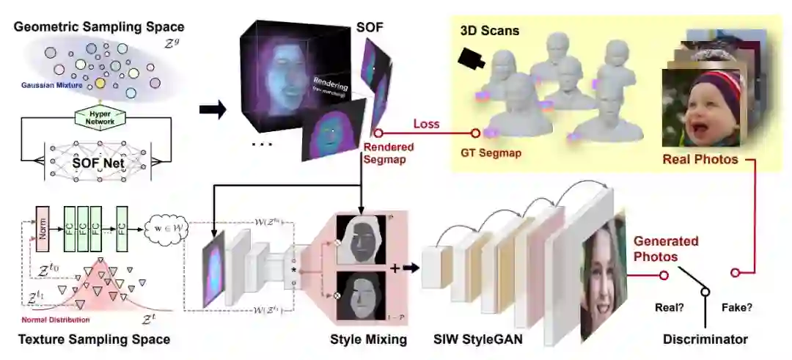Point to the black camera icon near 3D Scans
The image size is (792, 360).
point(472,59)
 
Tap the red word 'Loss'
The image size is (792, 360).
point(426,124)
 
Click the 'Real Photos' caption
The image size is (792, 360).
point(700,159)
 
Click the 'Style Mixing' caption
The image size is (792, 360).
point(369,339)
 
